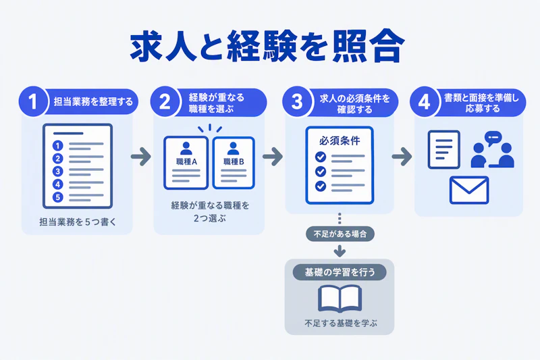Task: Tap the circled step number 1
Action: click(x=33, y=101)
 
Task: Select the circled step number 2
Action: click(x=165, y=101)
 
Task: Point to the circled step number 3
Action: click(x=297, y=101)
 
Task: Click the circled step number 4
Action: click(x=425, y=101)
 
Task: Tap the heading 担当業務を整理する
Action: click(x=93, y=101)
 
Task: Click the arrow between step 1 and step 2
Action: click(x=141, y=157)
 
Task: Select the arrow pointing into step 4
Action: click(x=402, y=157)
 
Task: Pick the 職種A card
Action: click(x=186, y=163)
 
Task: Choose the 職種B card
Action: click(x=234, y=163)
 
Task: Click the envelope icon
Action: click(x=469, y=190)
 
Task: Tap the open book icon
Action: click(x=340, y=299)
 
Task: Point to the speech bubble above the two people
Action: click(x=493, y=138)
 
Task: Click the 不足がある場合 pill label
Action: click(x=340, y=234)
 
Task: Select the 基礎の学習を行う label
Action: click(x=340, y=272)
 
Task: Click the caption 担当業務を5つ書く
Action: click(x=78, y=222)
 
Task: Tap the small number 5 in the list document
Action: click(x=58, y=197)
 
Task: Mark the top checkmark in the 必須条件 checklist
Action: click(x=321, y=157)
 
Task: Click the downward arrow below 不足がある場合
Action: click(x=340, y=251)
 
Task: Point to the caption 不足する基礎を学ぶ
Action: click(x=341, y=324)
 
